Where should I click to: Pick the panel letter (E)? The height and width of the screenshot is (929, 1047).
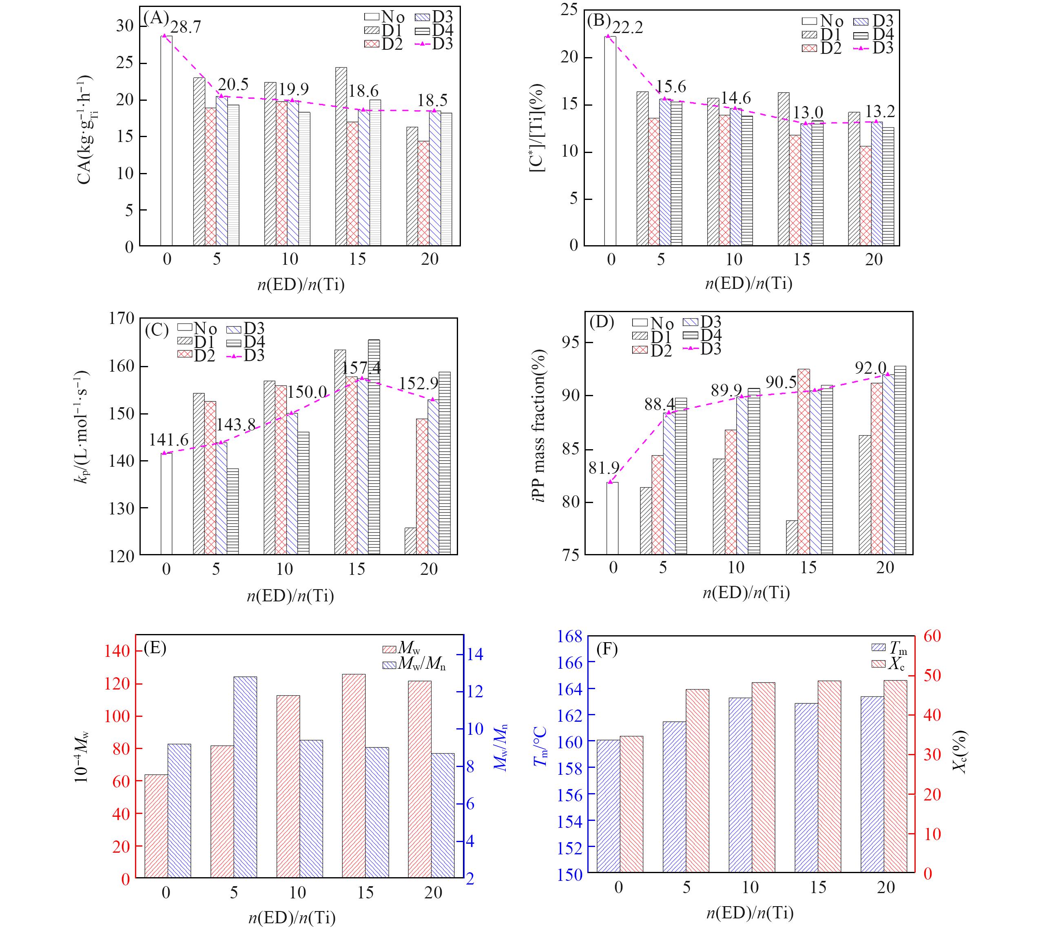pos(155,648)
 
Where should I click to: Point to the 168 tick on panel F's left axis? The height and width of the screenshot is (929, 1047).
pos(570,637)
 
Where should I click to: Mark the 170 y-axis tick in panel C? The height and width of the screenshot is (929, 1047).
pos(122,319)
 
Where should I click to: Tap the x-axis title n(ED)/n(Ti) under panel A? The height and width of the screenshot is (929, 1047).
pos(301,284)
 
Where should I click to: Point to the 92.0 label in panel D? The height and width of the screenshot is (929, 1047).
pos(870,368)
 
